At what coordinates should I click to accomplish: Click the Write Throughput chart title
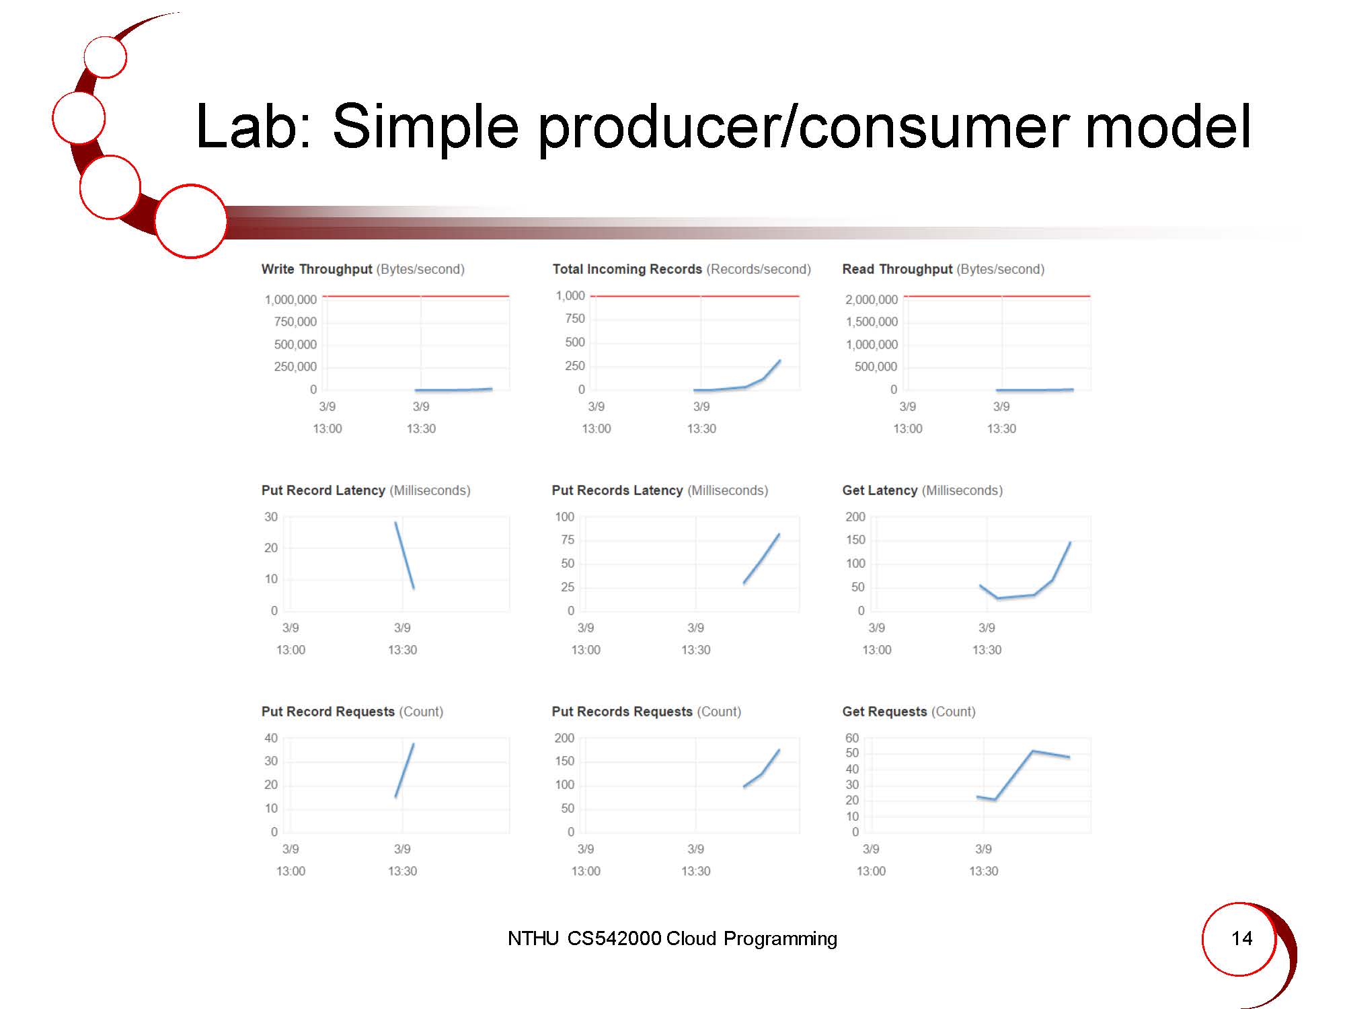363,269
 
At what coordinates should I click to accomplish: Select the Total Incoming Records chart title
682,269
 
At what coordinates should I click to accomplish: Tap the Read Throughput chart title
944,269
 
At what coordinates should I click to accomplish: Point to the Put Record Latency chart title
366,490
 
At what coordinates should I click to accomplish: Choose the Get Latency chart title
923,490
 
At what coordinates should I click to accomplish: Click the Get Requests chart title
909,712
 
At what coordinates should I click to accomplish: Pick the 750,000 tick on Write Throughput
295,322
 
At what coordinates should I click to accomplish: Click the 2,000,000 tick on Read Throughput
872,299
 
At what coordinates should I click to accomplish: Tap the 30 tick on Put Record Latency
271,517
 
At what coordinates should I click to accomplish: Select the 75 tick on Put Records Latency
568,539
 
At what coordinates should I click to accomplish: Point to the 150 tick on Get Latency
855,539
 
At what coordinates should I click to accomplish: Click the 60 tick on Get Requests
852,738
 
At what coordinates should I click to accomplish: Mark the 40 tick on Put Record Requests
271,738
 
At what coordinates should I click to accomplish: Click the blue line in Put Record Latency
405,556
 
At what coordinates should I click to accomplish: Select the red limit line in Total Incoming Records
695,296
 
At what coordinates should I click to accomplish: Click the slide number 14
1241,938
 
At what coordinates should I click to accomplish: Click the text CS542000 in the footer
615,938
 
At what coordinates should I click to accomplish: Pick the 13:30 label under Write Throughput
421,428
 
